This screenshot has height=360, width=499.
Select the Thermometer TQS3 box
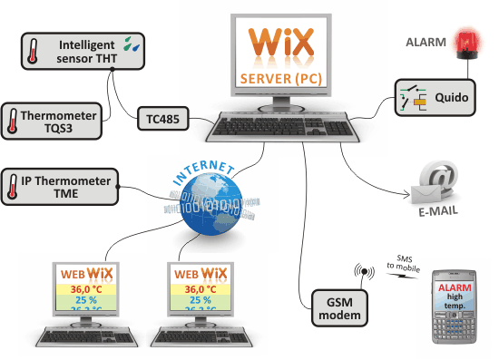pos(56,120)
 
